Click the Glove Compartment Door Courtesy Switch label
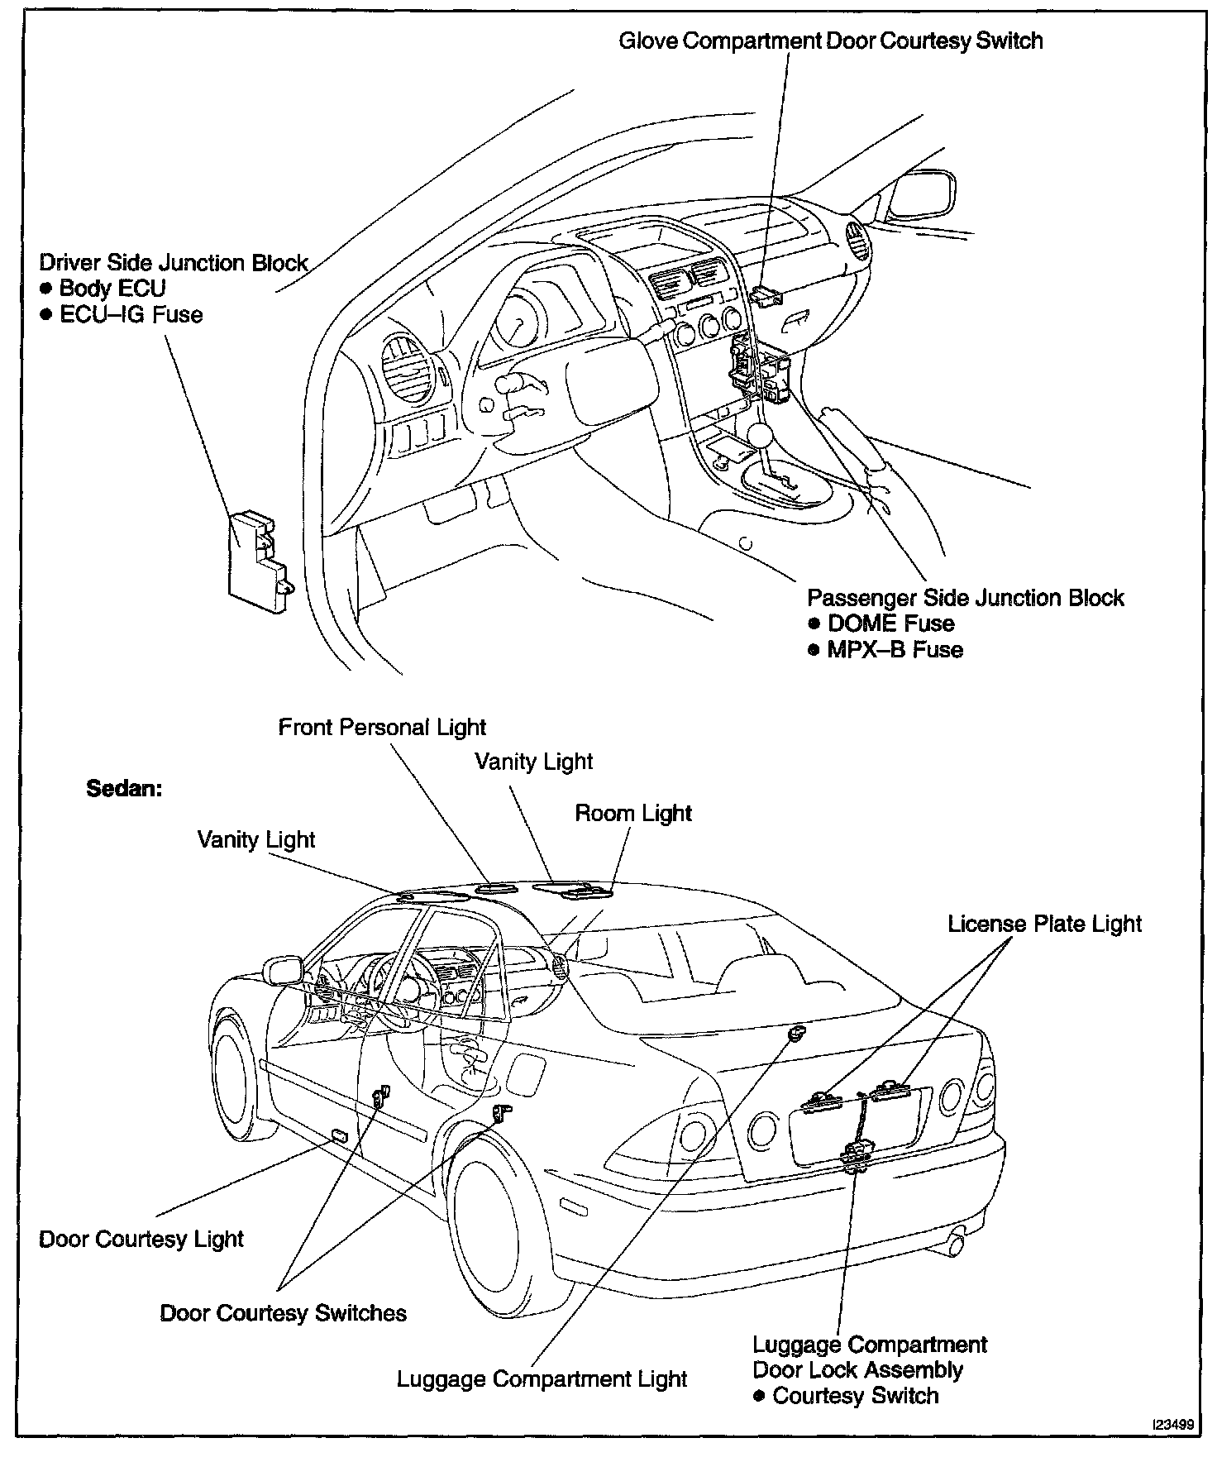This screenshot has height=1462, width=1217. [830, 41]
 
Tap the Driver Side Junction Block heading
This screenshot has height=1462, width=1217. [174, 263]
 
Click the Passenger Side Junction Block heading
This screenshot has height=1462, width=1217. [965, 598]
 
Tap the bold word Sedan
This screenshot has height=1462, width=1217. [124, 788]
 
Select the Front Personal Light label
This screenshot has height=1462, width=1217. [382, 728]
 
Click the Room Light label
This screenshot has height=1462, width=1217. [633, 814]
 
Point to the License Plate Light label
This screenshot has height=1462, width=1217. [1044, 924]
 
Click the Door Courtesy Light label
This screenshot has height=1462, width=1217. [141, 1239]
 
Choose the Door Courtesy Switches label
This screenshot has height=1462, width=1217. [283, 1313]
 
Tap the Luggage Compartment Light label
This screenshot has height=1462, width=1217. [542, 1379]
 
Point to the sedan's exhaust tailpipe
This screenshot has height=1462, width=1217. [957, 1243]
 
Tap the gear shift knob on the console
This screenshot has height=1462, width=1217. [760, 433]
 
